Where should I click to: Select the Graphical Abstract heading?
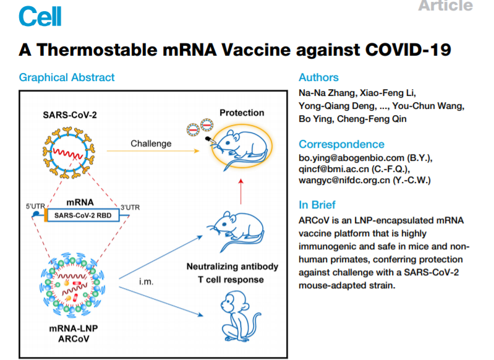pos(67,77)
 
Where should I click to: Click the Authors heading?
pos(318,77)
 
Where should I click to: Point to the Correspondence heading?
pos(341,145)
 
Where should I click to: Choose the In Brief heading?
pos(317,205)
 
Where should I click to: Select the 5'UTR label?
pos(35,205)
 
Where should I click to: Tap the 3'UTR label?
pos(128,207)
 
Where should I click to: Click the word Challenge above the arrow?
pos(151,144)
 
